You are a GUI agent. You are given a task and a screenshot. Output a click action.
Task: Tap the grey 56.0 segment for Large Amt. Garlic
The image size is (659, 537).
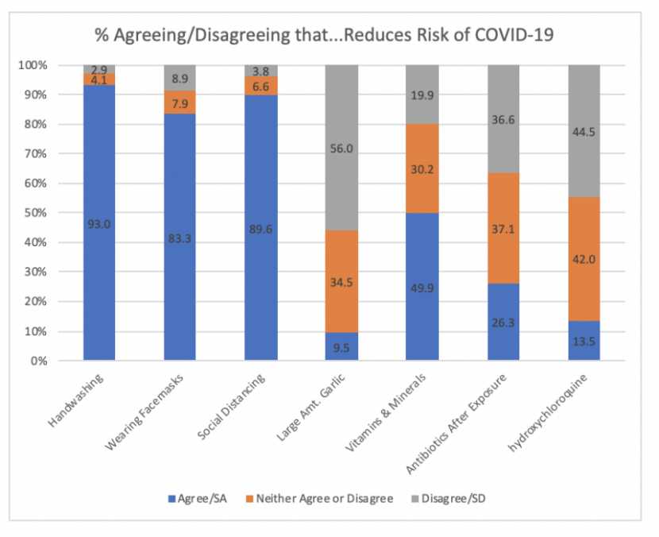pyautogui.click(x=341, y=148)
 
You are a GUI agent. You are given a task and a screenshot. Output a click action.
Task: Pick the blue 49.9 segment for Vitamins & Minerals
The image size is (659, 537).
pyautogui.click(x=422, y=287)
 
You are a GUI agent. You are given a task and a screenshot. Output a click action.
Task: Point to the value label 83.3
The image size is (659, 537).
pyautogui.click(x=180, y=238)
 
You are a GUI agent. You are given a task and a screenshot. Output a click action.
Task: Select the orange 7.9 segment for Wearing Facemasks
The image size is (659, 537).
pyautogui.click(x=180, y=102)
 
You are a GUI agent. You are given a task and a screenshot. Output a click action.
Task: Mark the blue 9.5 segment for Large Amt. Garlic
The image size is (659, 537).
pyautogui.click(x=341, y=347)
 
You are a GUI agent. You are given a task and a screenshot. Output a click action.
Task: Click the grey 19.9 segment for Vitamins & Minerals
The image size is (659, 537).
pyautogui.click(x=422, y=95)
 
